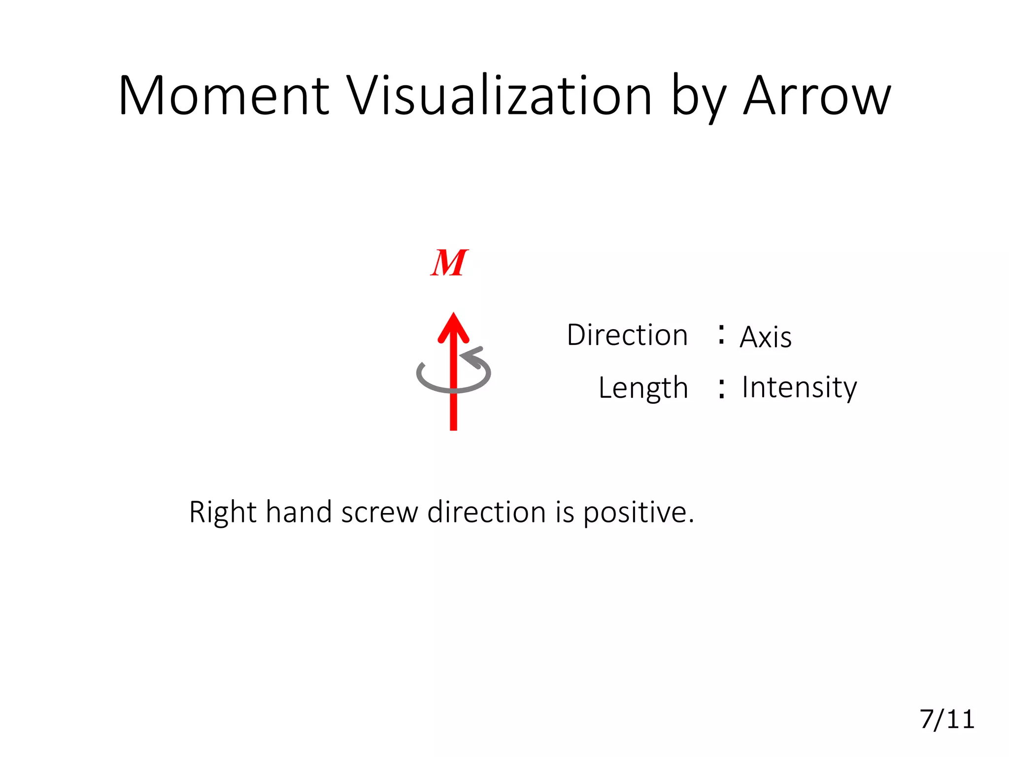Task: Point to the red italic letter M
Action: click(x=449, y=263)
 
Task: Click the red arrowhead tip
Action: click(x=453, y=315)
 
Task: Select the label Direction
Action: click(x=627, y=335)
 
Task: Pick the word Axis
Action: click(x=766, y=337)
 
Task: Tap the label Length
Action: click(x=643, y=388)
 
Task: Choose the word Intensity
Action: click(x=799, y=388)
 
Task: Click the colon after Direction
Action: click(x=721, y=334)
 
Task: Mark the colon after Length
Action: click(x=721, y=388)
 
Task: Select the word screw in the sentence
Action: click(x=379, y=513)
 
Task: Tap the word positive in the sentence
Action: click(x=639, y=513)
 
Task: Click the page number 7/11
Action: click(x=947, y=719)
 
